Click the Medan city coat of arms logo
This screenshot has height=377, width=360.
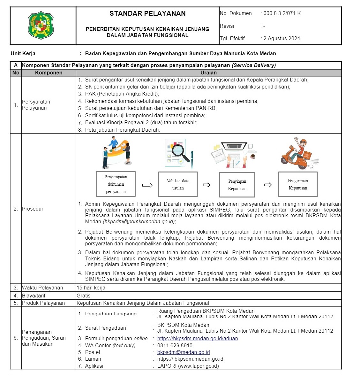pyautogui.click(x=41, y=25)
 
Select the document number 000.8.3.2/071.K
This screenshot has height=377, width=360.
pyautogui.click(x=282, y=13)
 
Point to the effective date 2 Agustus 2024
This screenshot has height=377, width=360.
pyautogui.click(x=281, y=39)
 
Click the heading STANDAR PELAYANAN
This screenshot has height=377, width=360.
pyautogui.click(x=147, y=13)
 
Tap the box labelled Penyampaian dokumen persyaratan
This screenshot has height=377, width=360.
pyautogui.click(x=116, y=184)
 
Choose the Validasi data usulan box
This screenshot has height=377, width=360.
pyautogui.click(x=178, y=184)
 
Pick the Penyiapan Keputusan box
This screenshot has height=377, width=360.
pyautogui.click(x=237, y=185)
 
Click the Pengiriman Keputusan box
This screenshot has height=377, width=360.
pyautogui.click(x=298, y=184)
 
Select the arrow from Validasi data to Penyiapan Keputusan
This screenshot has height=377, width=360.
pyautogui.click(x=207, y=185)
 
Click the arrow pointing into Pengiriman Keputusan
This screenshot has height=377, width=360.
pyautogui.click(x=268, y=185)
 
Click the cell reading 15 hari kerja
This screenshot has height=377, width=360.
pyautogui.click(x=91, y=288)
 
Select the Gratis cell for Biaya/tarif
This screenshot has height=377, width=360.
pyautogui.click(x=84, y=296)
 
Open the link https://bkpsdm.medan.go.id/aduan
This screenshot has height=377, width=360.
pyautogui.click(x=198, y=338)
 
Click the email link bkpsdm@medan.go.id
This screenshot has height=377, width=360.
pyautogui.click(x=184, y=352)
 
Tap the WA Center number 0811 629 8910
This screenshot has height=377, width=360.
pyautogui.click(x=175, y=345)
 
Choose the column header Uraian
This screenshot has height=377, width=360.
pyautogui.click(x=208, y=73)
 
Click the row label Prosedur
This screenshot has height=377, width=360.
pyautogui.click(x=33, y=209)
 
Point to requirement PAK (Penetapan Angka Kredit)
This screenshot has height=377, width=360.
pyautogui.click(x=122, y=94)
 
